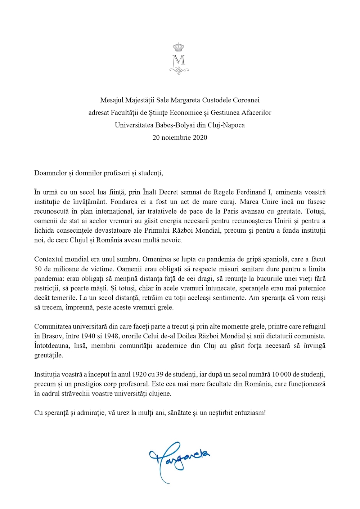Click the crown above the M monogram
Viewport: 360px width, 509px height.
point(178,47)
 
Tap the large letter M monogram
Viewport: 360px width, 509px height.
point(179,60)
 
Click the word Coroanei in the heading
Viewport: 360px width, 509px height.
point(246,100)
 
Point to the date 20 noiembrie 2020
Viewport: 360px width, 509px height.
point(180,137)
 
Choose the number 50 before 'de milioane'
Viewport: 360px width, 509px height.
point(38,269)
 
